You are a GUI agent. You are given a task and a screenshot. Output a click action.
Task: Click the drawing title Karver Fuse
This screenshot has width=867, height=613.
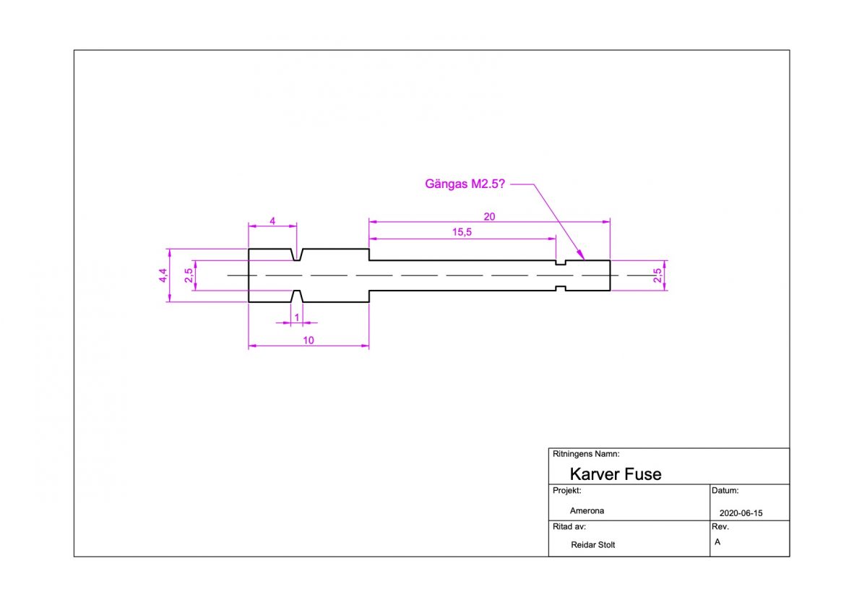tap(615, 474)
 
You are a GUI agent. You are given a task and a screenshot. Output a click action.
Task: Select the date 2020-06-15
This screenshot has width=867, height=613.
tap(741, 513)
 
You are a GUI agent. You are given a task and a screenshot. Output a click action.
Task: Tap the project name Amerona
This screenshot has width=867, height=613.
tap(587, 510)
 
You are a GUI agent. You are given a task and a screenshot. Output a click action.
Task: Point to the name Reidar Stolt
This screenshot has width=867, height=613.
tap(592, 545)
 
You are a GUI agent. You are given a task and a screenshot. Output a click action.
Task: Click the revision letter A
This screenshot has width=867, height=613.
tap(717, 541)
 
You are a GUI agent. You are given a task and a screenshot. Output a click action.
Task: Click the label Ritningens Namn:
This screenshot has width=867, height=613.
tap(585, 454)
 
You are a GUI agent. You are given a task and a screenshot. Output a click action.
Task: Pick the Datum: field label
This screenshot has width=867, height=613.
tap(725, 490)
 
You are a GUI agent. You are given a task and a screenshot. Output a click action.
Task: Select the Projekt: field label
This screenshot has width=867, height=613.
tap(567, 490)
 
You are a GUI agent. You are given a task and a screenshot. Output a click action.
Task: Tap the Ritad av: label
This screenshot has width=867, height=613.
tap(569, 527)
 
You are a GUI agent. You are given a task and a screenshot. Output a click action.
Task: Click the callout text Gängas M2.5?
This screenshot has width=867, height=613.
tap(465, 184)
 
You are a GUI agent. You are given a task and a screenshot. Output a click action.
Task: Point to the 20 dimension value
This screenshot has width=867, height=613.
tap(489, 215)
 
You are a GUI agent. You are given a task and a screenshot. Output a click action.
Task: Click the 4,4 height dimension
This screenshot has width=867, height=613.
tap(163, 275)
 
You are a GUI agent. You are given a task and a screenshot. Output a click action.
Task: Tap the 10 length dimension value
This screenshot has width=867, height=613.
tap(309, 340)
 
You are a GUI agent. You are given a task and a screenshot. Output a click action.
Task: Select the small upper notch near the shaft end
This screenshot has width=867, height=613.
tap(560, 262)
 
